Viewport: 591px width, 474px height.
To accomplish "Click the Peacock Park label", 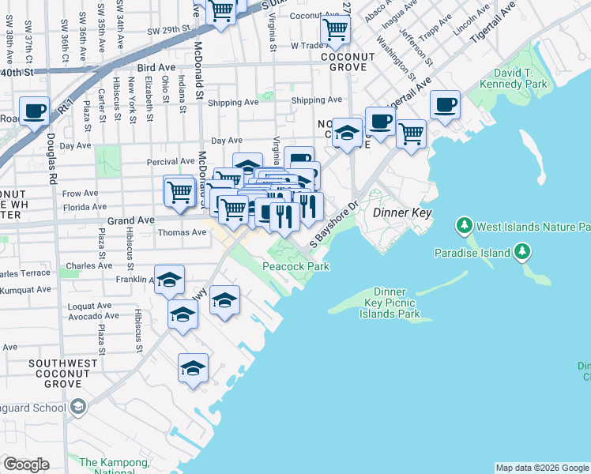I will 295,267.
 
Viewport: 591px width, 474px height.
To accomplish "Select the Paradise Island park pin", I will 521,252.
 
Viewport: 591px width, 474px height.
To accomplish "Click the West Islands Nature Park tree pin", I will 464,227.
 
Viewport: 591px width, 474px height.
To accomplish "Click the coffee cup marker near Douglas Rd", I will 34,111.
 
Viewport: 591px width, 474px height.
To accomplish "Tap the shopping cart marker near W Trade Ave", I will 336,30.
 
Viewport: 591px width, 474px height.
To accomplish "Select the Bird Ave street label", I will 155,69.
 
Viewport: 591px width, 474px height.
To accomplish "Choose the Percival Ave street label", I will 171,161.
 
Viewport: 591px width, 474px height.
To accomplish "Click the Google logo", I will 26,465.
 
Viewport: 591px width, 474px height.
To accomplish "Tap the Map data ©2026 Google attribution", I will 541,468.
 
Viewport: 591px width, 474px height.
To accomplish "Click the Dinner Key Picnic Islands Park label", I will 390,303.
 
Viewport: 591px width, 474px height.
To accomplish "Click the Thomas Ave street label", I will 182,232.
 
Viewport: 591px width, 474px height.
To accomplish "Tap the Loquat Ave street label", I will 88,305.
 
